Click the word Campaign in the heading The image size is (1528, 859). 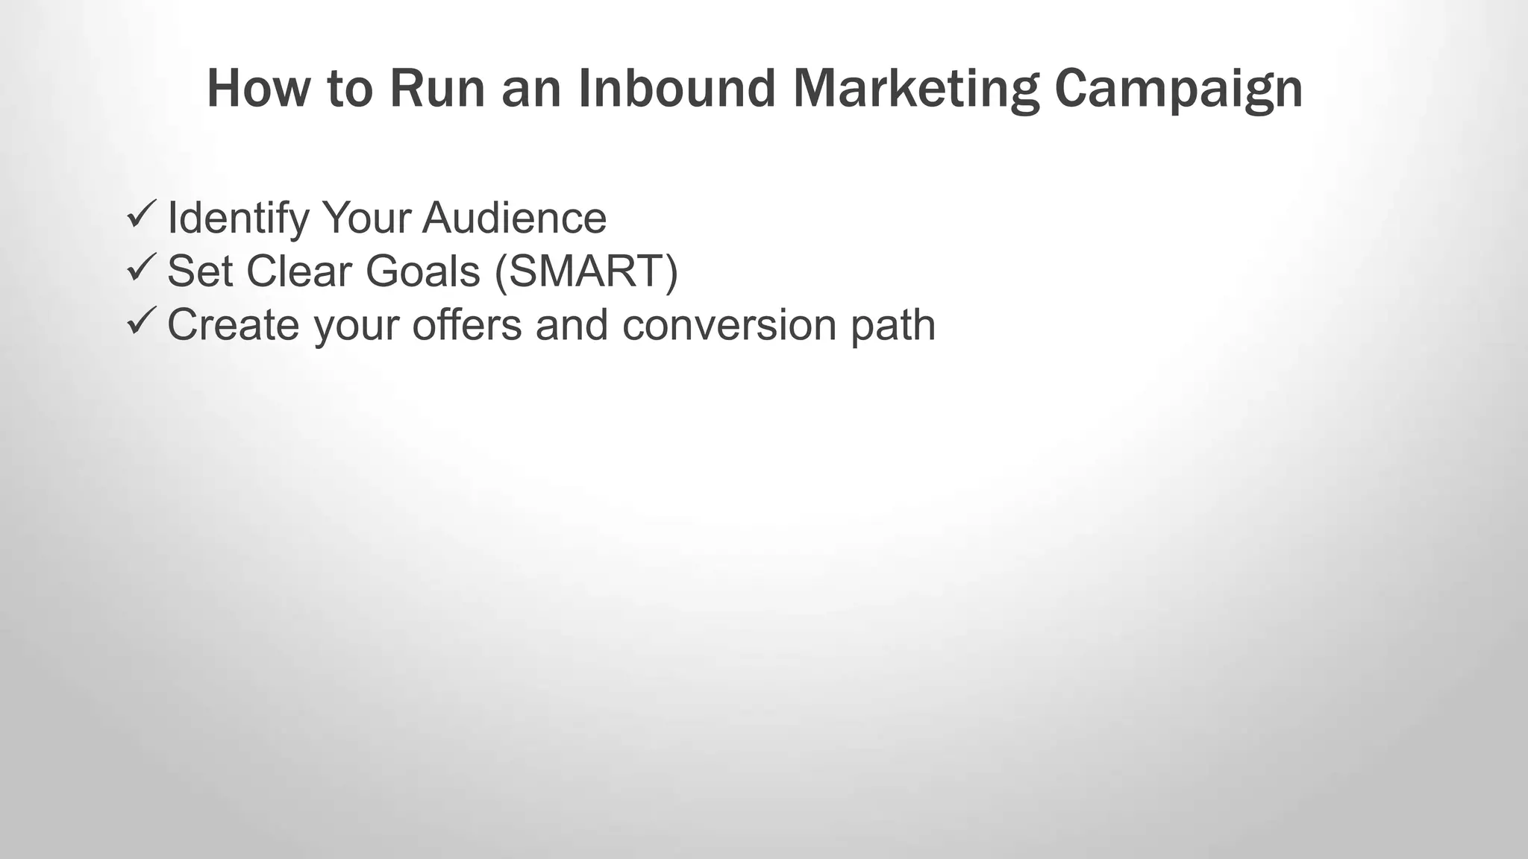point(1179,89)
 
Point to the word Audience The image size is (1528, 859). point(514,218)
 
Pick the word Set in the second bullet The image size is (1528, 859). point(200,271)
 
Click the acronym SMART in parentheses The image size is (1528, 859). point(586,271)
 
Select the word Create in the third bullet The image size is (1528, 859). point(233,325)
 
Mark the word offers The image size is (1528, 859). point(466,325)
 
